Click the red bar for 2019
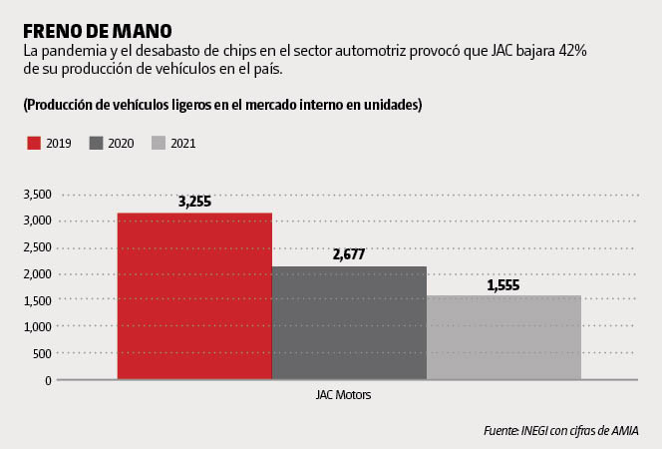194,296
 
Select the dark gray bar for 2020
349,323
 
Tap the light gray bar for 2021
503,337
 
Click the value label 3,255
194,202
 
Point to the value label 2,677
349,254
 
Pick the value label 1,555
503,284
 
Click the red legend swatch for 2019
34,143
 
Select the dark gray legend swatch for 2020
96,143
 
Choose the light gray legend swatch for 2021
158,143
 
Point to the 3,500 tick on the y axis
37,194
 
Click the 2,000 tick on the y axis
37,273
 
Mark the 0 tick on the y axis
48,380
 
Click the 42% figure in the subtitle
573,50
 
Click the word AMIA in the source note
625,430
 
